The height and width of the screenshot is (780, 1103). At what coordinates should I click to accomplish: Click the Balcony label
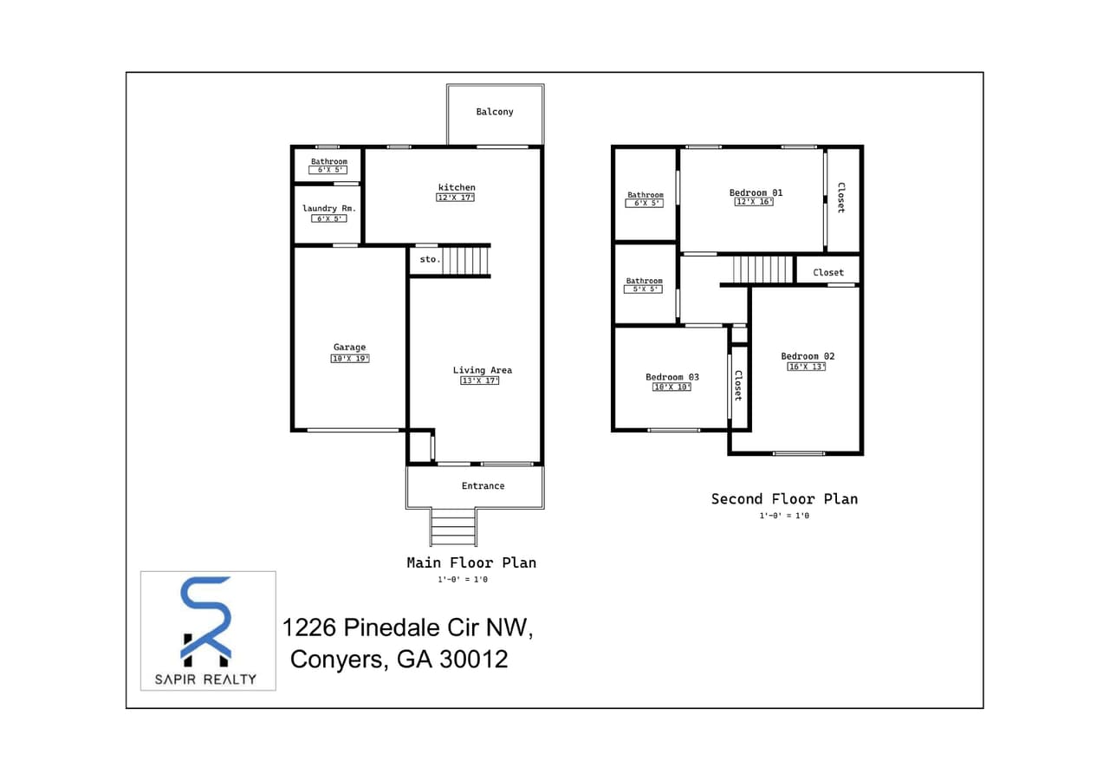(495, 112)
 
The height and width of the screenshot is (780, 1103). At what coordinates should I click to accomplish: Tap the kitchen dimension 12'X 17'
(455, 198)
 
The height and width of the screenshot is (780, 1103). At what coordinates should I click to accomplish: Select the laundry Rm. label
(329, 209)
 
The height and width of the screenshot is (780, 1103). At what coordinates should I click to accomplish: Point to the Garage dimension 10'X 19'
(349, 359)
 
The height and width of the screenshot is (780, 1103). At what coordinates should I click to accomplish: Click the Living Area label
(482, 370)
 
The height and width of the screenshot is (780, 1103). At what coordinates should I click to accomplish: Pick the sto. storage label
(430, 259)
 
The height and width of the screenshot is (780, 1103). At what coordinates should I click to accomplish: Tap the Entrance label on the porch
(483, 486)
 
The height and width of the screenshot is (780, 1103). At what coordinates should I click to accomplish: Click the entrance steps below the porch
(453, 528)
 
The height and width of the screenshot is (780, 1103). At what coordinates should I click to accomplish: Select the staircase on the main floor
(466, 260)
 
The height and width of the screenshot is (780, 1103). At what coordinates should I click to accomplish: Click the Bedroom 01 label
(756, 192)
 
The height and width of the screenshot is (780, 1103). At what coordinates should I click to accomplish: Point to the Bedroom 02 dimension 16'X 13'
(806, 367)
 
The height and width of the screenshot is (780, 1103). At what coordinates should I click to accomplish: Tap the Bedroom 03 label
(672, 377)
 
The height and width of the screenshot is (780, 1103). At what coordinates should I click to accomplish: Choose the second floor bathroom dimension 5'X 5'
(643, 289)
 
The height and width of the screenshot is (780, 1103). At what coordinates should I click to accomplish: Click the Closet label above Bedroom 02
(827, 272)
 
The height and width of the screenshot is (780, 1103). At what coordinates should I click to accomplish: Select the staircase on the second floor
(762, 269)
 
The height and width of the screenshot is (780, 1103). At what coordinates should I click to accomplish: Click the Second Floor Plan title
(784, 499)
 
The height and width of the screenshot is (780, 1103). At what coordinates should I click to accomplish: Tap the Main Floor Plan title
(471, 563)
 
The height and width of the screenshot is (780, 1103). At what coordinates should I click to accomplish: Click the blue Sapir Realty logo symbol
(206, 617)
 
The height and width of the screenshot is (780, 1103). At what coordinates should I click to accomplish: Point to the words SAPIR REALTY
(205, 679)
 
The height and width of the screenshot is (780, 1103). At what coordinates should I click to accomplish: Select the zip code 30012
(473, 660)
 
